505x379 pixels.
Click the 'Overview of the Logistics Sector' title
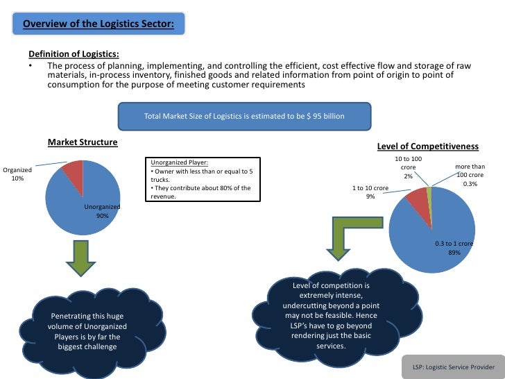click(x=104, y=26)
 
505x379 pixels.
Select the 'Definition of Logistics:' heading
click(x=73, y=55)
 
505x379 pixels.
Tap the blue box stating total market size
click(x=243, y=117)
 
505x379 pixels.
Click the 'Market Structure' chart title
click(x=82, y=143)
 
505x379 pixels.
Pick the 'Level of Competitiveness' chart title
click(x=427, y=146)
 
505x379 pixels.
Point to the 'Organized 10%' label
click(x=18, y=174)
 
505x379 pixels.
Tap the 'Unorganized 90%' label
click(x=102, y=211)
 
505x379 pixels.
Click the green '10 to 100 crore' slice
click(x=429, y=192)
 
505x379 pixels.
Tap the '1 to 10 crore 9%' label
click(x=370, y=192)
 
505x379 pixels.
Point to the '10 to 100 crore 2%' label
click(x=408, y=168)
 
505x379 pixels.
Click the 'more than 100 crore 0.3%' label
click(x=470, y=176)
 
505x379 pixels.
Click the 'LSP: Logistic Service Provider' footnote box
click(x=453, y=367)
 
